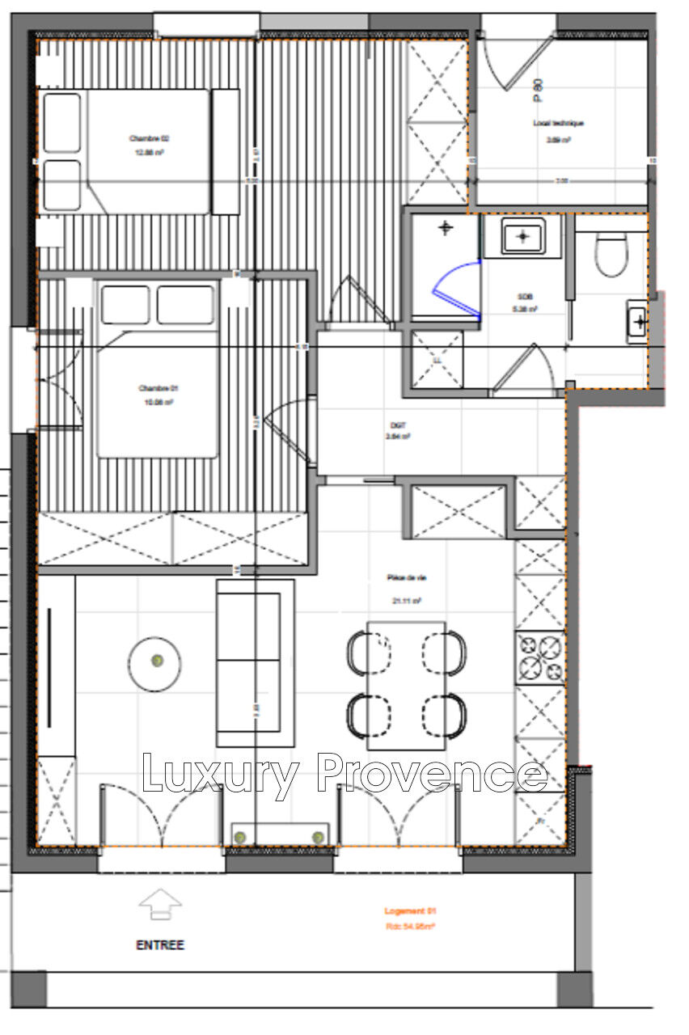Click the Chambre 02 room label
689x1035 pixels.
[x=149, y=138]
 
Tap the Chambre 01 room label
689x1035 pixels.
[x=157, y=389]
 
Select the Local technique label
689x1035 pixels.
[x=558, y=124]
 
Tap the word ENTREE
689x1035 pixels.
[x=160, y=944]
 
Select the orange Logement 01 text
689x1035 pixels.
[x=410, y=910]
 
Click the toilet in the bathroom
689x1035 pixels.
[x=611, y=252]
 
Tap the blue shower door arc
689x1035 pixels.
[x=454, y=291]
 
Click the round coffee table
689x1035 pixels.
[x=154, y=663]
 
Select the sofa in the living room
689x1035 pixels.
[x=254, y=662]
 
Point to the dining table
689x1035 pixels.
[x=406, y=685]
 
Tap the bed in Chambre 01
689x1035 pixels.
[x=158, y=369]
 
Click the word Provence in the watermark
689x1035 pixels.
[x=431, y=774]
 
